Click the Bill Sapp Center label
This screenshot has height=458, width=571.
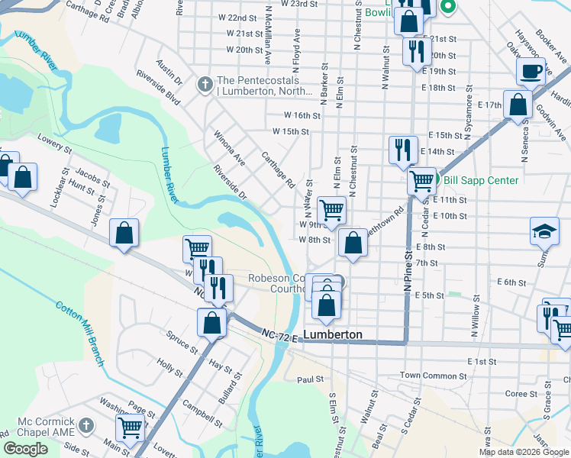tap(481, 180)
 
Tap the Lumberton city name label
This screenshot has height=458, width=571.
tap(333, 334)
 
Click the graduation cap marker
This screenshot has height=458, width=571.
tap(544, 231)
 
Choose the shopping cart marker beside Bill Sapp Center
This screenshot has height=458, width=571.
tap(421, 181)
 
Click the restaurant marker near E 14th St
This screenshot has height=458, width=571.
tap(402, 150)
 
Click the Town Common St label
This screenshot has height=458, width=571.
tap(433, 376)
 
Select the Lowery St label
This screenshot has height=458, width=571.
tap(52, 141)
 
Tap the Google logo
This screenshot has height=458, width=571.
tap(25, 448)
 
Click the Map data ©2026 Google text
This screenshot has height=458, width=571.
tap(524, 452)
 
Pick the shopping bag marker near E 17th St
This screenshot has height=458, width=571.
tap(518, 105)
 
